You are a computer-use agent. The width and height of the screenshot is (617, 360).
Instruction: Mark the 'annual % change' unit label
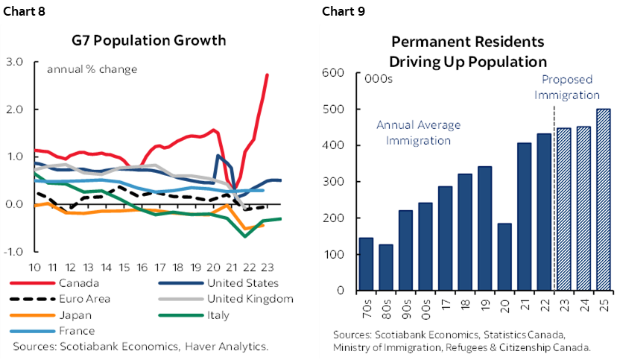tap(92, 70)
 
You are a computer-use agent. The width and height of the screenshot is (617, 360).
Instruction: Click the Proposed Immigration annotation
tap(570, 87)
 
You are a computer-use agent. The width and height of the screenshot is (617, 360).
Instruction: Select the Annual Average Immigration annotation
tap(418, 132)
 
